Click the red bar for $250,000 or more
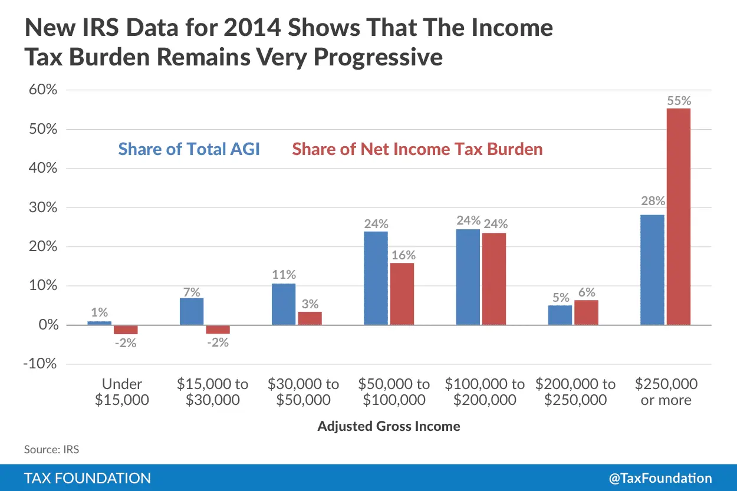coord(678,216)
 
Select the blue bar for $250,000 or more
coord(652,269)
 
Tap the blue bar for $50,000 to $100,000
coord(376,278)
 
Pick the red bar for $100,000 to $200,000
coord(493,279)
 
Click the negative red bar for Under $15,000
coord(126,329)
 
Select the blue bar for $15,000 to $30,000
coord(192,311)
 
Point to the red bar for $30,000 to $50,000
coord(310,318)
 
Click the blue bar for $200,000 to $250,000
coord(560,315)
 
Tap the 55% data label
coord(679,101)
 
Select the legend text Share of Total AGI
coord(189,149)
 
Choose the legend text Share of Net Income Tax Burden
coord(417,149)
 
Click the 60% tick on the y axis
coord(40,90)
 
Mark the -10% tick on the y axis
coord(40,364)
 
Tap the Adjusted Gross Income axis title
coord(389,426)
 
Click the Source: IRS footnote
coord(51,449)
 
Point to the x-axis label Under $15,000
coord(122,392)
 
